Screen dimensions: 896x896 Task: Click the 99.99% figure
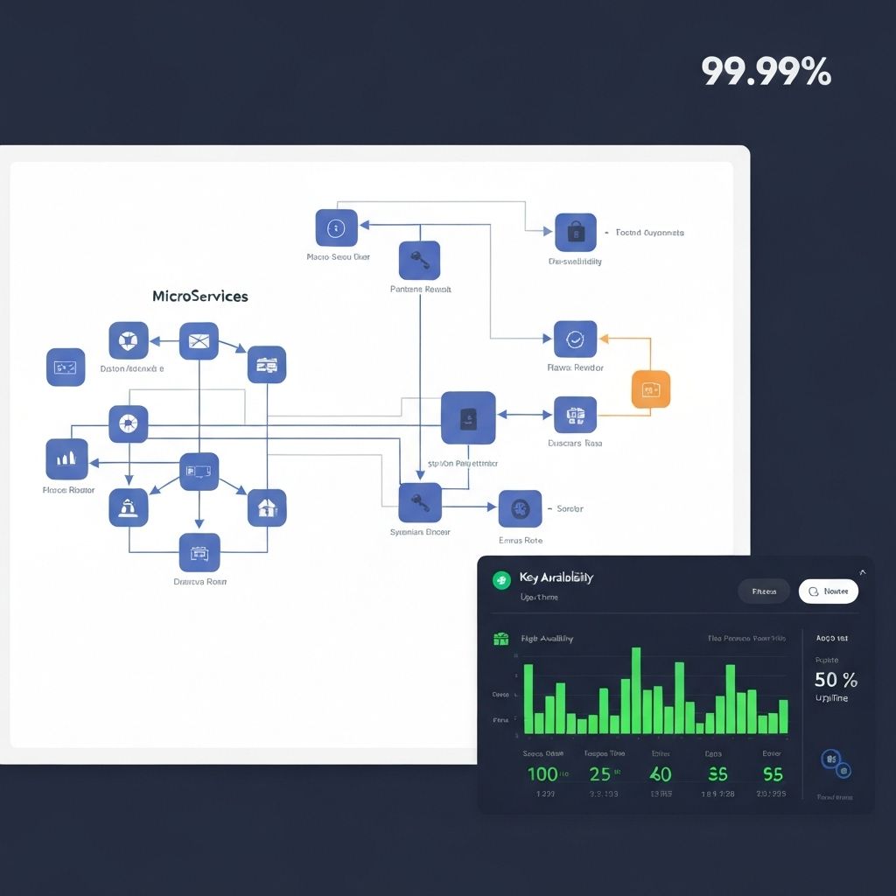point(766,72)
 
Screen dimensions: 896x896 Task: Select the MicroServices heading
point(199,296)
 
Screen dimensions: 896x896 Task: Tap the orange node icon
point(650,389)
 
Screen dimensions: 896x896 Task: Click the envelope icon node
point(199,341)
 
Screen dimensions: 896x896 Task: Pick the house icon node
point(267,507)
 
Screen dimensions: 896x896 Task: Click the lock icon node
point(575,233)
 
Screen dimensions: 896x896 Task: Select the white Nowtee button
point(828,591)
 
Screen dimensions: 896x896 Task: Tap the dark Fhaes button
point(764,591)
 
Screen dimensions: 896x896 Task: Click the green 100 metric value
point(542,773)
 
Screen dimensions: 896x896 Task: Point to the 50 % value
point(836,679)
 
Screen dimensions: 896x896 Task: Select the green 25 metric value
point(600,773)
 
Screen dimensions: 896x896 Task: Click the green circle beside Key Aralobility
point(501,579)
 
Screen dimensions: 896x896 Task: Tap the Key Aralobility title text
point(556,577)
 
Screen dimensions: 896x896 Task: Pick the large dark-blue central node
point(468,417)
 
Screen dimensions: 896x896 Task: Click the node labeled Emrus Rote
point(520,508)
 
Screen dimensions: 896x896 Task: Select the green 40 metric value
point(660,773)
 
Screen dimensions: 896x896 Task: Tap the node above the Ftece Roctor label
point(66,458)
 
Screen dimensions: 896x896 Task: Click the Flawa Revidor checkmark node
point(575,339)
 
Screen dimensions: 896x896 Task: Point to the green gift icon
point(501,639)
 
